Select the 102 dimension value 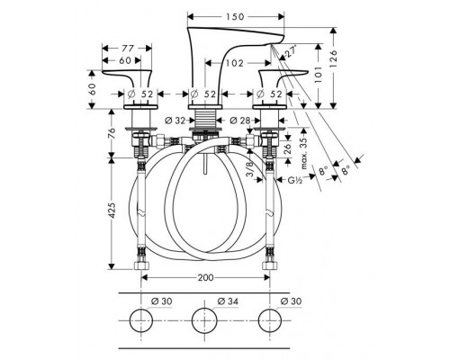coord(235,63)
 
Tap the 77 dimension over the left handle coord(128,48)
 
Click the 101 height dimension coord(319,74)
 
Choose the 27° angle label coord(290,51)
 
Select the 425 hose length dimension coord(112,211)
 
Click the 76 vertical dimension coord(112,133)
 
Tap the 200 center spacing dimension coord(205,278)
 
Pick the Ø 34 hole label coord(228,301)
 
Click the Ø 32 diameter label coord(175,121)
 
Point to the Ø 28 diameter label coord(240,121)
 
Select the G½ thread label coord(295,180)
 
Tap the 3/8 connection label coord(250,170)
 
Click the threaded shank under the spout coord(205,119)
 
